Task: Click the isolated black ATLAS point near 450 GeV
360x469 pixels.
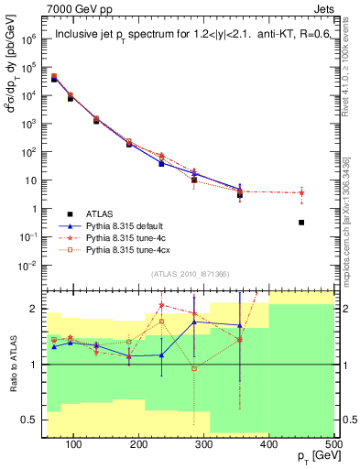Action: click(x=327, y=223)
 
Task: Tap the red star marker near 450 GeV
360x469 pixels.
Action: click(x=327, y=192)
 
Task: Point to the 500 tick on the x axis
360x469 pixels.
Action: click(x=333, y=444)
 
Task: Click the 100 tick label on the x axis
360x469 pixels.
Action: click(x=74, y=444)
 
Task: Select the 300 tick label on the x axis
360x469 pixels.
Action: click(x=203, y=444)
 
